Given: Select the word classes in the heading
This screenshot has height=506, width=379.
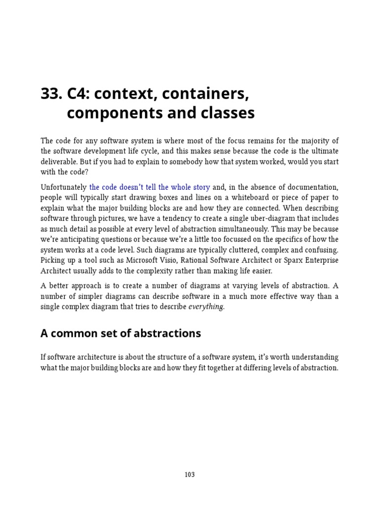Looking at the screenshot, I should [229, 113].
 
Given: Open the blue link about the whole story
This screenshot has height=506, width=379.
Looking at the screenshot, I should [150, 187].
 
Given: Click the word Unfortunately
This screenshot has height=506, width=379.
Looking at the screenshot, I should [63, 187].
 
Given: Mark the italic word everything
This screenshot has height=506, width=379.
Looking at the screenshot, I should [206, 307].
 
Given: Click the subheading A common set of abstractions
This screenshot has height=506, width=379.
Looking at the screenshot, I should [120, 333].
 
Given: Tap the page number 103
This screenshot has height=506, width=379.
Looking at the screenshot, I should [189, 475].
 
